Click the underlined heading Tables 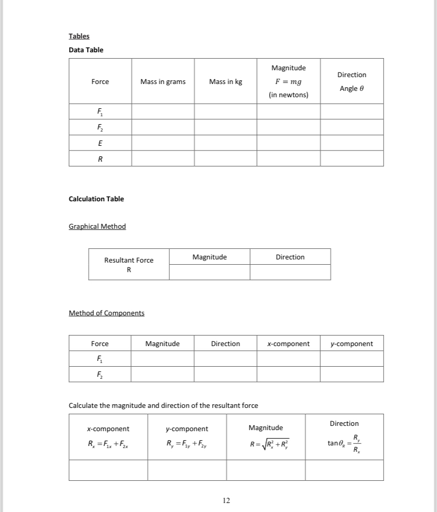[x=79, y=36]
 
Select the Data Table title [x=86, y=50]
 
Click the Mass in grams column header [x=163, y=81]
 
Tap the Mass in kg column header [x=225, y=81]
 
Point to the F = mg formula [x=288, y=81]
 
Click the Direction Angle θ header [x=352, y=81]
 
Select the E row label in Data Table [x=100, y=143]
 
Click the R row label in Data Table [x=100, y=159]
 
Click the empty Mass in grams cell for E [x=163, y=143]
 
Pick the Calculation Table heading [x=97, y=199]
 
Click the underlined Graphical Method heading [x=98, y=226]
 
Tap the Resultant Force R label [x=129, y=264]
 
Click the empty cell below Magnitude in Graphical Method [x=210, y=272]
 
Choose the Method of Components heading [x=107, y=313]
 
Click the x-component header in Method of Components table [x=288, y=343]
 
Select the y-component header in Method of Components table [x=351, y=343]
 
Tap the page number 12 [x=226, y=500]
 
